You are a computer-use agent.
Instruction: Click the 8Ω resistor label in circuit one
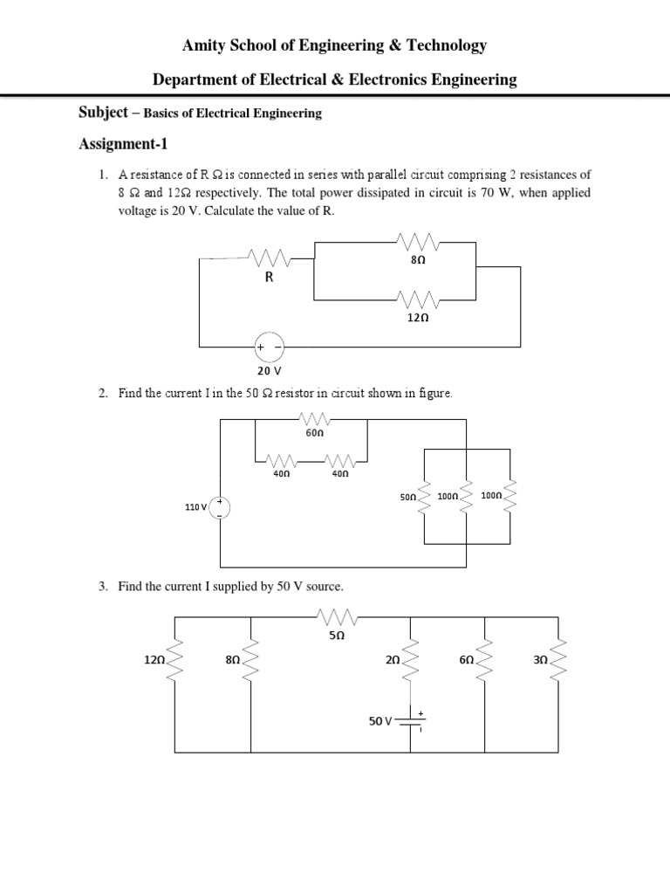click(417, 260)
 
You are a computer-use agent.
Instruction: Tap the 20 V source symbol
click(269, 347)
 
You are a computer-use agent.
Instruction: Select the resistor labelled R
click(270, 258)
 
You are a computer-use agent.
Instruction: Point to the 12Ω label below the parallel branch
click(418, 319)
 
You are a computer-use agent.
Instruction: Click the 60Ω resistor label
click(314, 432)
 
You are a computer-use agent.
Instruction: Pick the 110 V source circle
click(220, 507)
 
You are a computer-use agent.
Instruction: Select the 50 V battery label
click(380, 722)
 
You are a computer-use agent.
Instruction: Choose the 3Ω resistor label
click(539, 661)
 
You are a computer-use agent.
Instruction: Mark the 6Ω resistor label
click(466, 661)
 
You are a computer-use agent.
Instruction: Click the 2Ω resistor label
click(392, 661)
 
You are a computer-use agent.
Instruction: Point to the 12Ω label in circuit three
click(154, 661)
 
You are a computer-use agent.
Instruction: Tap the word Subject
click(103, 113)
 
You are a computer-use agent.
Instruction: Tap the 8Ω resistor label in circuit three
click(232, 661)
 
